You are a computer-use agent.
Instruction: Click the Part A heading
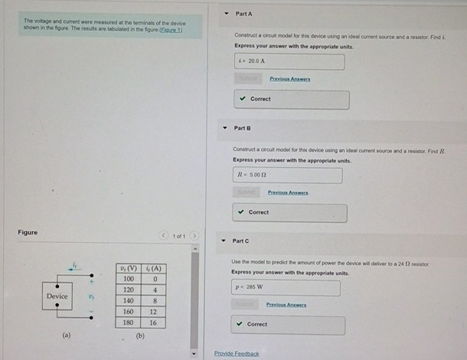point(244,14)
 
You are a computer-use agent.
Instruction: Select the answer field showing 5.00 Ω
point(287,175)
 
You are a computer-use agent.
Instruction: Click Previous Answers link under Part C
point(286,305)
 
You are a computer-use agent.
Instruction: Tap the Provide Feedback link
point(237,353)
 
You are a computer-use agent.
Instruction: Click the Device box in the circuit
point(57,296)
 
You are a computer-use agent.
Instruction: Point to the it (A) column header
point(154,269)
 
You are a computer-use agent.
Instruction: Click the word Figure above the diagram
point(28,232)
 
